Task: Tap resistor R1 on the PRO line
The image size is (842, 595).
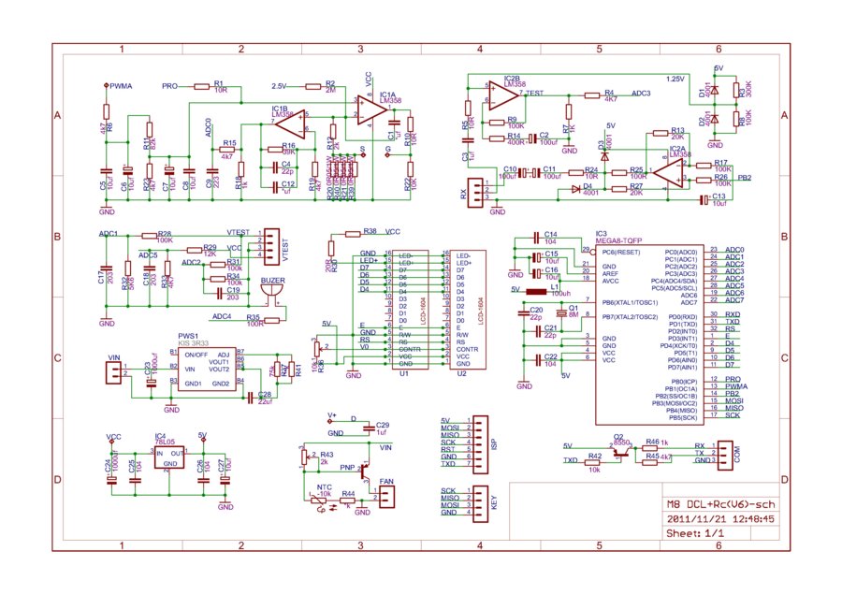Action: click(x=220, y=85)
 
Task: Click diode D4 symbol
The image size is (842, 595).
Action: click(x=577, y=188)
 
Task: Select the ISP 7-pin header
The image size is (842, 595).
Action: click(x=481, y=443)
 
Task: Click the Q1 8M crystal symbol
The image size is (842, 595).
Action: click(x=560, y=312)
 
